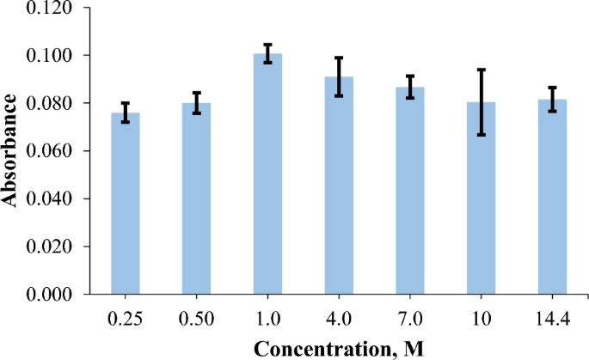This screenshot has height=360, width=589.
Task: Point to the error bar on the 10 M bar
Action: click(x=482, y=102)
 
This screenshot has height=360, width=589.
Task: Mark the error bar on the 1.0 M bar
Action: click(x=268, y=53)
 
